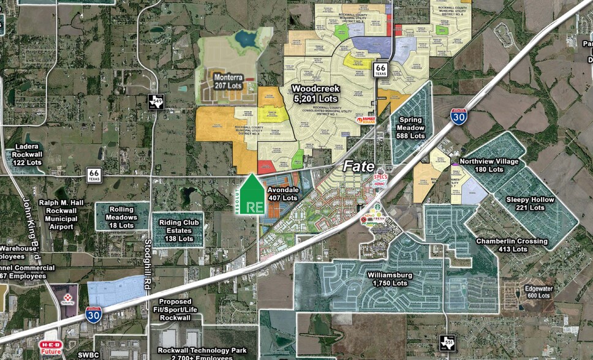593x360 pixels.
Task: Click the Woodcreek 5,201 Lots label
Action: point(315,93)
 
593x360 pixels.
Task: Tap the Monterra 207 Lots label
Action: point(229,81)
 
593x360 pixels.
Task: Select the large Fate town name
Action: point(358,165)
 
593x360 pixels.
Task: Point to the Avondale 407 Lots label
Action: point(282,193)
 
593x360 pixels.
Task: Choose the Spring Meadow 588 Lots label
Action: point(410,127)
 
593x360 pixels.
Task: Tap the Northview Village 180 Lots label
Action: point(488,165)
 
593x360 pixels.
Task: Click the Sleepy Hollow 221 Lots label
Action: point(530,203)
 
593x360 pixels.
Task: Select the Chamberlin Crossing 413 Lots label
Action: point(512,245)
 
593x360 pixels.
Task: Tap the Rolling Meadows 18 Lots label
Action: point(122,217)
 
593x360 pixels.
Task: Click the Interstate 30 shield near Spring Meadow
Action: point(458,116)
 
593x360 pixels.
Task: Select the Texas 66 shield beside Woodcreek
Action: point(381,68)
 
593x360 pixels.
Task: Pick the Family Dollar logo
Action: point(368,120)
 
